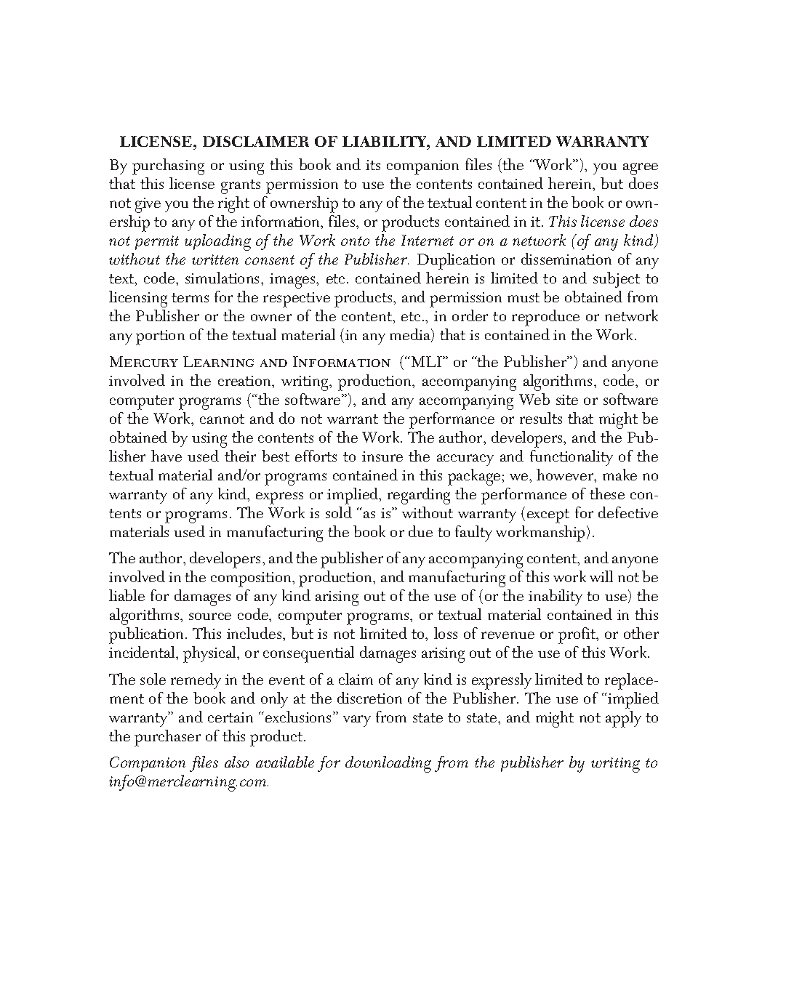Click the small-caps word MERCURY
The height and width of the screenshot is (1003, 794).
click(x=143, y=362)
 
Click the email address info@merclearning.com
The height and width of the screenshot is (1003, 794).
click(x=188, y=782)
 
